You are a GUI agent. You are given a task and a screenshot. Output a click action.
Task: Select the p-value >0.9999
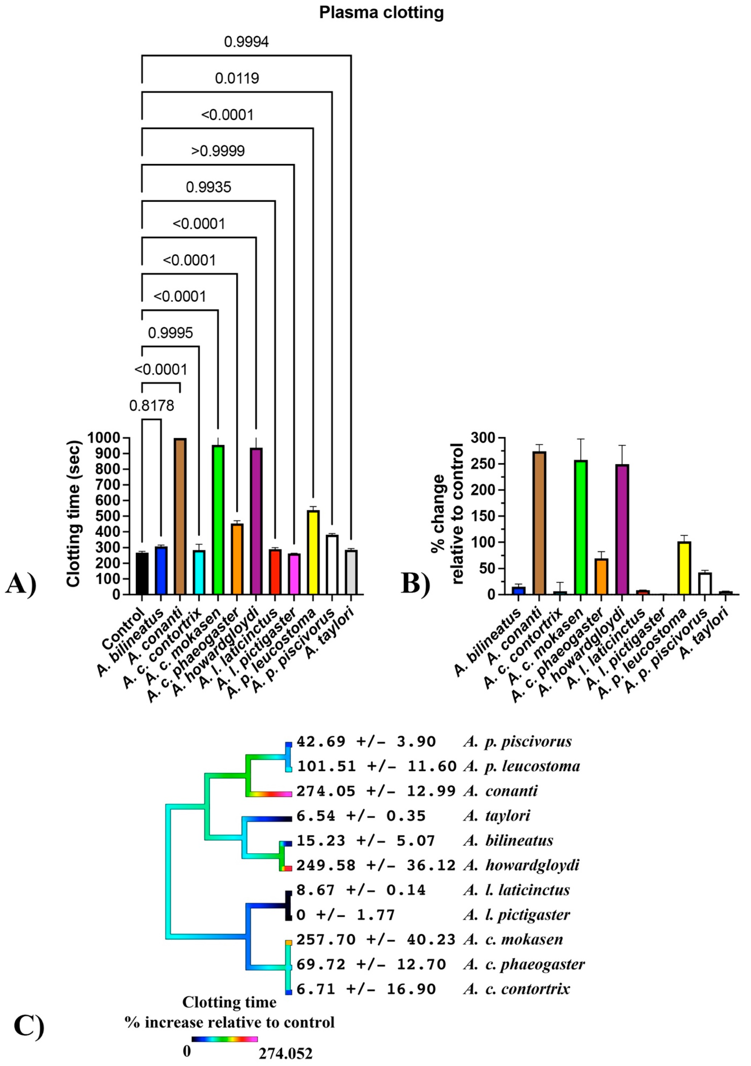[218, 151]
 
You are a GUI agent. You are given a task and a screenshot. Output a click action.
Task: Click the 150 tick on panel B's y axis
[481, 516]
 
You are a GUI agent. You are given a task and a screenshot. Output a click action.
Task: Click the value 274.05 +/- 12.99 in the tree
[376, 791]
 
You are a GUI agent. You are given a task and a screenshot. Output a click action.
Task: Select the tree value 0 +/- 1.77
[346, 915]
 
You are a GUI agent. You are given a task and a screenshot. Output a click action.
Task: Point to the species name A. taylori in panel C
[497, 816]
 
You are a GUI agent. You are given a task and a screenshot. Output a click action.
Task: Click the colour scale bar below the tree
[225, 1039]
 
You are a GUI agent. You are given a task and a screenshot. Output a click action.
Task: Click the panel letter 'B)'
[415, 583]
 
